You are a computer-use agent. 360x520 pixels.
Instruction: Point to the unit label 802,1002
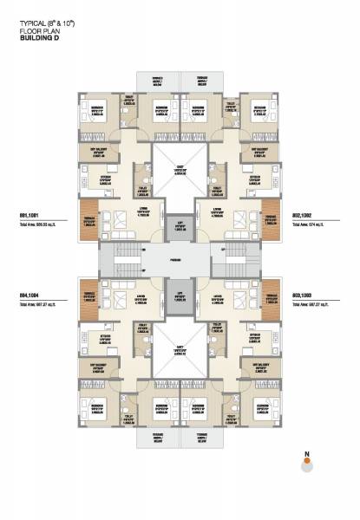pyautogui.click(x=301, y=213)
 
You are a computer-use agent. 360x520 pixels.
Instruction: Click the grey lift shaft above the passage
pyautogui.click(x=180, y=227)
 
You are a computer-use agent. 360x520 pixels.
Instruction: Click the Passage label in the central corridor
pyautogui.click(x=180, y=257)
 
